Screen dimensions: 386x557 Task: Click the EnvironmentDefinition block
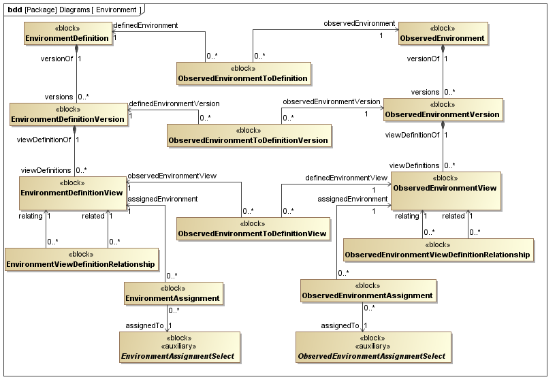[x=67, y=34]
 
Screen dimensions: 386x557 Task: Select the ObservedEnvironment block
[x=442, y=34]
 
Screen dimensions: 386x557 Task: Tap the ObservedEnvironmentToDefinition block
[x=243, y=74]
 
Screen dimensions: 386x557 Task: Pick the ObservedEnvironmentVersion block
[x=443, y=110]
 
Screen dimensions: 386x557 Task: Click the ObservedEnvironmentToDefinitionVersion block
[x=249, y=135]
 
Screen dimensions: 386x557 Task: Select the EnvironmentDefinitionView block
[x=71, y=188]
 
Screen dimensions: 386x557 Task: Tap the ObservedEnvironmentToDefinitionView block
[x=253, y=229]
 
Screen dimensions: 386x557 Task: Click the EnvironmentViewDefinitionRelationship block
[x=80, y=259]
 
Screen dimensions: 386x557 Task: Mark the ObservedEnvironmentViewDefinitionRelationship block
[x=437, y=249]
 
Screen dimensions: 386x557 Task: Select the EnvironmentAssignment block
[x=173, y=293]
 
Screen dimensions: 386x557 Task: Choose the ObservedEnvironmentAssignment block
[x=367, y=291]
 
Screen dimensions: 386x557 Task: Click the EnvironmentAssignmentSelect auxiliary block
[x=180, y=347]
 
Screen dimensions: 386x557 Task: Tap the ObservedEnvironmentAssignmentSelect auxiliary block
[x=372, y=347]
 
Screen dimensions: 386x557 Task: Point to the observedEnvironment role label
[x=359, y=23]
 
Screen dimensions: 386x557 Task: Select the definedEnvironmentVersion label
[x=174, y=103]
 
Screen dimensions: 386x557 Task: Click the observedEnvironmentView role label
[x=172, y=176]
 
